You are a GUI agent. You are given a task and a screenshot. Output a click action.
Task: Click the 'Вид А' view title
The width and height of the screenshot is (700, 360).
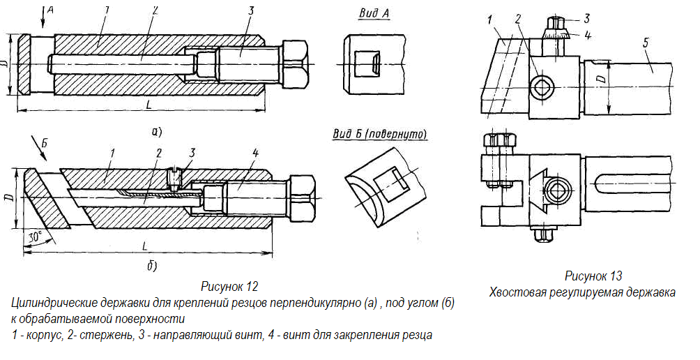pos(374,14)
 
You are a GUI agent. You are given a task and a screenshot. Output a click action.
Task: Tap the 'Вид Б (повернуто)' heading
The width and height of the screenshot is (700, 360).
pos(379,135)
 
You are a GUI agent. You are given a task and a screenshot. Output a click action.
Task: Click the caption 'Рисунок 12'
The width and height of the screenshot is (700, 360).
pos(229,286)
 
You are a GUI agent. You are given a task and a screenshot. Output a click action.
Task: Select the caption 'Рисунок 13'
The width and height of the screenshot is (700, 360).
pos(593,276)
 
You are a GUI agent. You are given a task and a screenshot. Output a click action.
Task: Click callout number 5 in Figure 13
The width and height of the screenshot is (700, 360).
pos(646,43)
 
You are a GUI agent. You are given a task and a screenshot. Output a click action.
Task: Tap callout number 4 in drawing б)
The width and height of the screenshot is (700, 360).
pos(255,153)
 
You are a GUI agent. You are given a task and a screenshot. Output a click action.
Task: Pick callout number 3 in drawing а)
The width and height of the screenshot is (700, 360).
pos(251,10)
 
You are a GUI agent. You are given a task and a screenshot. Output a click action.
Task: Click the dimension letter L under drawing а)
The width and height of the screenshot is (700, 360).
pos(148,105)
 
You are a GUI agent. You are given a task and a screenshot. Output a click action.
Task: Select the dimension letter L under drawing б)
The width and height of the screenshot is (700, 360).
pos(144,246)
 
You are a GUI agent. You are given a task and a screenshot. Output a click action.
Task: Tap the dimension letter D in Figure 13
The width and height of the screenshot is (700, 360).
pos(601,80)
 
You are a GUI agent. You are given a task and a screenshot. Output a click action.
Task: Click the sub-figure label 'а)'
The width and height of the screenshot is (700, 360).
pos(157,132)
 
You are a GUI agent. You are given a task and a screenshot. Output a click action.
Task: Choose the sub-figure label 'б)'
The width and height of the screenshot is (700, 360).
pos(152,267)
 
